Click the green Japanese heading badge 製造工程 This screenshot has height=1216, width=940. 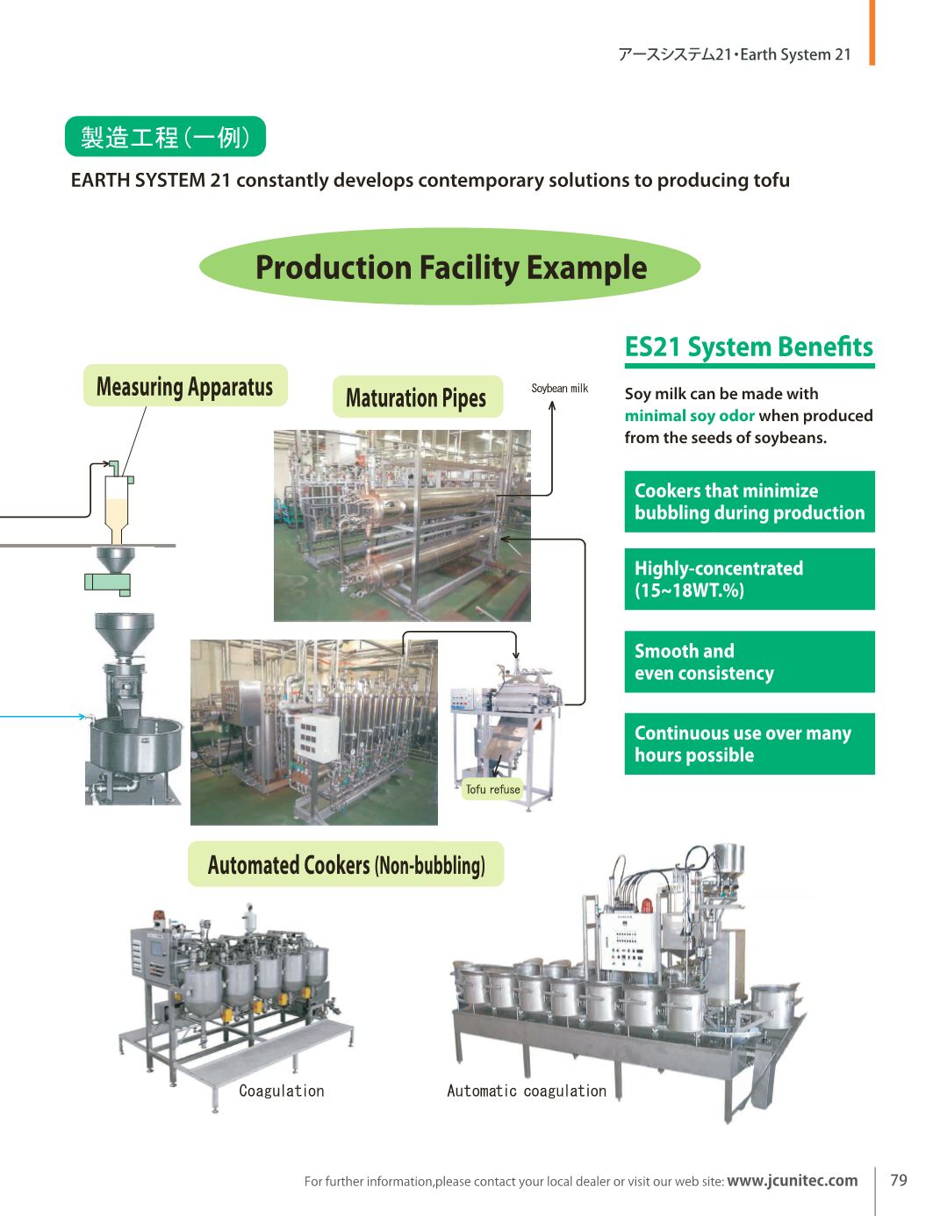pos(165,137)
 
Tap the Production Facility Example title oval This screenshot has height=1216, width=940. pos(450,267)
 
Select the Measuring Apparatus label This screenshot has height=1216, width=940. pos(185,386)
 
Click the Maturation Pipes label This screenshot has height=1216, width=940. pos(417,397)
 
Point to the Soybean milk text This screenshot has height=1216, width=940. pos(559,388)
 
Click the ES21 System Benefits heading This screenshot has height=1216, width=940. pos(749,347)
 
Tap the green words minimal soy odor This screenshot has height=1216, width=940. pos(690,416)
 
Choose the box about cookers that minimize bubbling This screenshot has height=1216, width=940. pos(749,502)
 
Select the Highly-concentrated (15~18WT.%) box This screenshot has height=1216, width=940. pos(749,579)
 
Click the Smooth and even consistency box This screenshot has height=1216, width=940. pos(749,662)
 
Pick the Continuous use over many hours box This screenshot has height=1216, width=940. pos(749,744)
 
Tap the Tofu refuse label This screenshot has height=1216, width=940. pos(493,790)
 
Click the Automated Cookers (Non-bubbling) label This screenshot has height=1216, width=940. pos(346,865)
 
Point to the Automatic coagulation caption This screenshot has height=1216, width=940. pos(527,1091)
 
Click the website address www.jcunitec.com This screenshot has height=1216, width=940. pos(792,1181)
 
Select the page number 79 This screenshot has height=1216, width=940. pos(899,1180)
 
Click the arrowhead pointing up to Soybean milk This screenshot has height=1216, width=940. pos(552,404)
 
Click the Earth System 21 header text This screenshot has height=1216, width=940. pos(734,54)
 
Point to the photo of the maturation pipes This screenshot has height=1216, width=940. pos(402,526)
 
